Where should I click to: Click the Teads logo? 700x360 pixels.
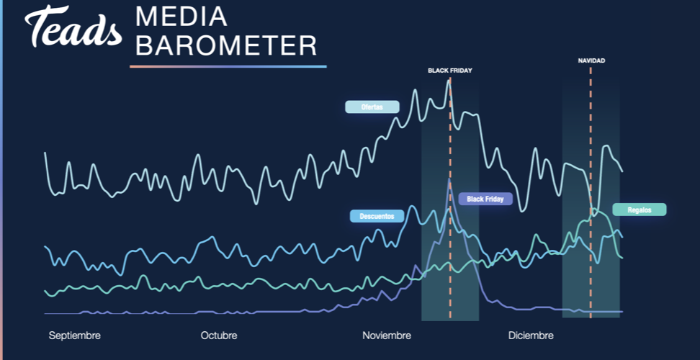tap(73, 26)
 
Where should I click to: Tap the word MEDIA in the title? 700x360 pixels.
tap(181, 17)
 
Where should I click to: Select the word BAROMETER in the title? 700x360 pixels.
tap(226, 45)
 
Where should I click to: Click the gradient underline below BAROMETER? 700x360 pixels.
tap(228, 66)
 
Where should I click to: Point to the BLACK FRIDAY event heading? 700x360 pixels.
tap(450, 71)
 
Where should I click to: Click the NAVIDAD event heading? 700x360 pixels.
tap(591, 60)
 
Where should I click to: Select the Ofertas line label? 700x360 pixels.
tap(372, 107)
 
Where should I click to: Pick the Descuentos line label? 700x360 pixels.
tap(377, 216)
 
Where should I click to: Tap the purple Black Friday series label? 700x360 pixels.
tap(485, 199)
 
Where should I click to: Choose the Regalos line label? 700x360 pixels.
tap(640, 210)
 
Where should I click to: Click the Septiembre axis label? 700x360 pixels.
tap(75, 336)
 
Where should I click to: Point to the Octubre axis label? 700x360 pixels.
tap(219, 336)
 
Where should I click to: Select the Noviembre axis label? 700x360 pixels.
tap(387, 336)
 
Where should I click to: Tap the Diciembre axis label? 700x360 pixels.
tap(531, 336)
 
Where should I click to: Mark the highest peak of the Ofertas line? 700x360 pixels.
tap(448, 81)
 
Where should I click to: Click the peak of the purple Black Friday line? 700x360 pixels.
tap(449, 179)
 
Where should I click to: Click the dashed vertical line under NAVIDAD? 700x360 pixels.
tap(591, 192)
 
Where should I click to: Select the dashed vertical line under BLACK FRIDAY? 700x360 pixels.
tap(450, 199)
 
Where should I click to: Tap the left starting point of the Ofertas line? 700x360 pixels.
tap(45, 153)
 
